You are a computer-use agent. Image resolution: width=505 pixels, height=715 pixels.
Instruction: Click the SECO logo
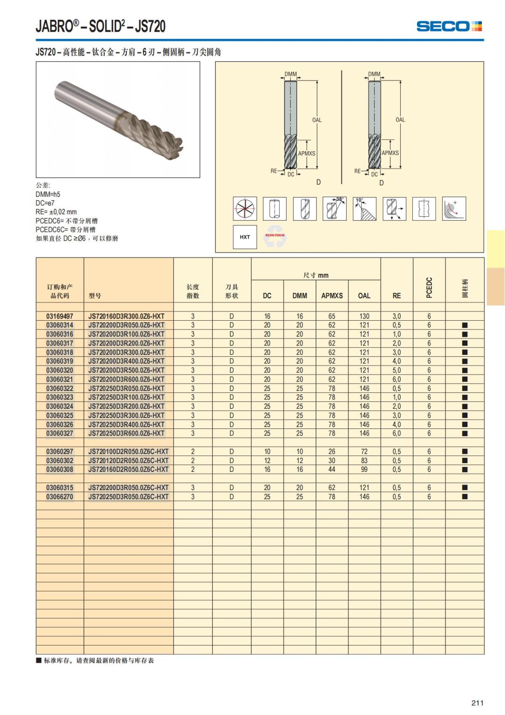click(x=449, y=26)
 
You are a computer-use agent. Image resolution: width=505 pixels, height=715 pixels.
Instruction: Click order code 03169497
click(x=60, y=316)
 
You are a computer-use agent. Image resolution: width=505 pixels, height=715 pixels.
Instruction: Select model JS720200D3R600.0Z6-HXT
click(x=126, y=379)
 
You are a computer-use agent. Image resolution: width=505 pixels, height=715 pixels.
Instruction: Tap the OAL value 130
click(x=364, y=316)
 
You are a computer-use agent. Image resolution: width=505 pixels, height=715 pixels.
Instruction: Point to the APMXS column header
click(x=332, y=296)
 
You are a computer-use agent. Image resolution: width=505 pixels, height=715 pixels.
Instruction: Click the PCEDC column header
click(x=429, y=287)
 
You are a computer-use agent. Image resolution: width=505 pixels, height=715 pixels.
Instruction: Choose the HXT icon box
click(x=245, y=237)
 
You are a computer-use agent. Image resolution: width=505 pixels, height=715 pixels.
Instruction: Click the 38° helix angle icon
click(x=335, y=209)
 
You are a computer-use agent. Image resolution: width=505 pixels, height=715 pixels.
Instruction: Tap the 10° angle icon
click(x=364, y=209)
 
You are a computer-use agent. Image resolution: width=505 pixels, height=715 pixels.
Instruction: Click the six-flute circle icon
click(x=245, y=209)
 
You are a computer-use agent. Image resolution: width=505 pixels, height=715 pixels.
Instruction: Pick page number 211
click(x=477, y=703)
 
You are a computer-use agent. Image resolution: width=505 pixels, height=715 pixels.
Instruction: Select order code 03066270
click(x=60, y=497)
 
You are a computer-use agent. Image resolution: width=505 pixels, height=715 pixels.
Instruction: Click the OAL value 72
click(x=364, y=452)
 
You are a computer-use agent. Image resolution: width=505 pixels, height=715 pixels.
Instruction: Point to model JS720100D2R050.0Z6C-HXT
click(x=128, y=452)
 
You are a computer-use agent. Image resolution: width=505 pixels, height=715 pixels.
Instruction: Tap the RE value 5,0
click(x=396, y=370)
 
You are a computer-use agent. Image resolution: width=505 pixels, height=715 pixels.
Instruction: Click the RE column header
click(x=396, y=296)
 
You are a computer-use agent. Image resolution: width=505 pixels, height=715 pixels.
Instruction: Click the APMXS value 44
click(x=332, y=469)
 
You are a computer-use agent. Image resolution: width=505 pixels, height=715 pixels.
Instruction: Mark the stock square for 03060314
click(x=465, y=325)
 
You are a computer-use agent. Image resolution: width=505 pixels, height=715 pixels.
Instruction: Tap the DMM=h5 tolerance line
click(x=48, y=194)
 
